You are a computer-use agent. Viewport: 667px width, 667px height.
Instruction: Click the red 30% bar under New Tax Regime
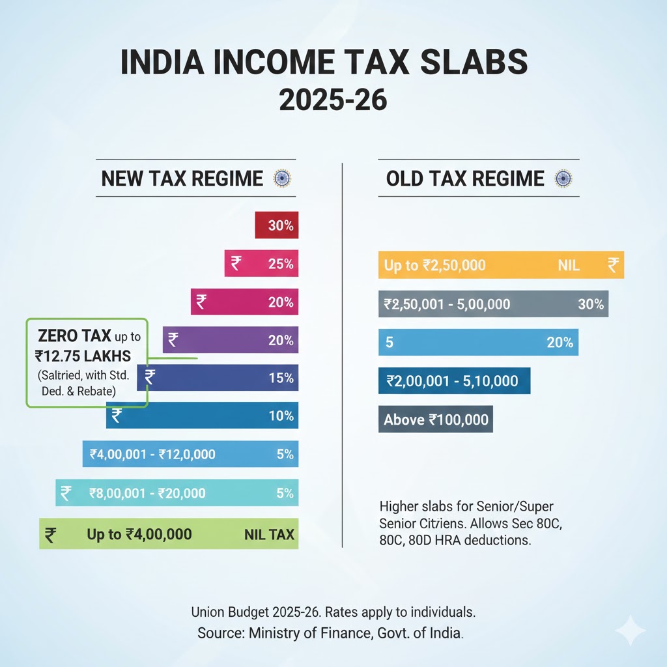tap(276, 226)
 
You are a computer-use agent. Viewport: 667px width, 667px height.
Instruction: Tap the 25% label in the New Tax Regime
tap(281, 264)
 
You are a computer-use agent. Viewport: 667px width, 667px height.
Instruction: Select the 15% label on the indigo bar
tap(281, 378)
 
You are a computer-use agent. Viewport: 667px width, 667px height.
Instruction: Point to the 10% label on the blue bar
tap(281, 416)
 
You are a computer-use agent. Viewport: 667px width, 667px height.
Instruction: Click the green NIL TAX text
tap(269, 535)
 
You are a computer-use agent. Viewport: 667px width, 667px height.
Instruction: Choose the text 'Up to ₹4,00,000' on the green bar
tap(139, 535)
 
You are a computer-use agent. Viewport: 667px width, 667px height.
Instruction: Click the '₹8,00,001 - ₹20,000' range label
tap(147, 494)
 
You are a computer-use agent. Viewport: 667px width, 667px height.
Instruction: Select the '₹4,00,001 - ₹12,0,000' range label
tap(152, 454)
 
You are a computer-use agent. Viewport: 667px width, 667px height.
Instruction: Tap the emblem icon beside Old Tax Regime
tap(562, 178)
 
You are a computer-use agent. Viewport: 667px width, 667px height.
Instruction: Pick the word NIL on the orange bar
tap(569, 265)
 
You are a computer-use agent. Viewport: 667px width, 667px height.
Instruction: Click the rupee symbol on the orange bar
tap(613, 264)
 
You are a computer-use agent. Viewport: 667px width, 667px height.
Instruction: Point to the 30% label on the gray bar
tap(590, 304)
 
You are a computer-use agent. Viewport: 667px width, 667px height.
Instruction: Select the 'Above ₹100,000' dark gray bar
tap(436, 419)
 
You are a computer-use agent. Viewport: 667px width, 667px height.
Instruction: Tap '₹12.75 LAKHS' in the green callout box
tap(83, 356)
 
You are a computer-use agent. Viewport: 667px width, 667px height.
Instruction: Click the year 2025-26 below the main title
tap(333, 100)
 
